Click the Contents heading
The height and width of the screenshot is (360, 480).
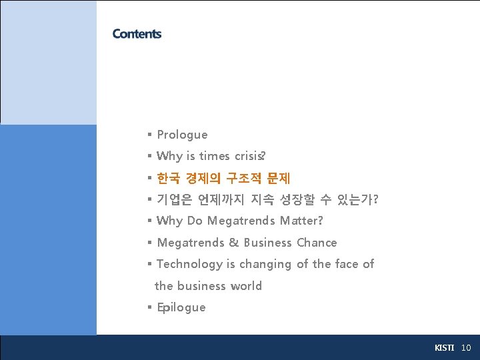click(137, 34)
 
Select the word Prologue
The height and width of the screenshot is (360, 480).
click(182, 135)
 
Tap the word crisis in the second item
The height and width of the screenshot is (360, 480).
click(249, 156)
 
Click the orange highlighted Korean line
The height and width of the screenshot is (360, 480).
click(223, 178)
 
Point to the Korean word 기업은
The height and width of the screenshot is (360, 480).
click(174, 199)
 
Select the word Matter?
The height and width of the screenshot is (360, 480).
click(301, 221)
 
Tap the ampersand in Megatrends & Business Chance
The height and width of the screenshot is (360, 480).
click(235, 243)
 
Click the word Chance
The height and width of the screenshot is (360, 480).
click(317, 243)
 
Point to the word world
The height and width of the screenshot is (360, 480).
click(246, 286)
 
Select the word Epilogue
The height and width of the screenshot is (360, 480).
click(181, 307)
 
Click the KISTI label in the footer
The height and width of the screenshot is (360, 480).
click(444, 348)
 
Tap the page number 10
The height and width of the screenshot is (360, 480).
click(466, 348)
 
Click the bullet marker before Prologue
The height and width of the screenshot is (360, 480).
click(150, 135)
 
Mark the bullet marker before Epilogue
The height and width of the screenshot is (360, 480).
click(150, 307)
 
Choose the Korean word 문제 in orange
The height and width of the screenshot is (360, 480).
click(278, 178)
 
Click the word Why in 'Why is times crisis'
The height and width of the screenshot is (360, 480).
click(169, 156)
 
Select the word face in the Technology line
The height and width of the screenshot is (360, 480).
click(347, 264)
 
